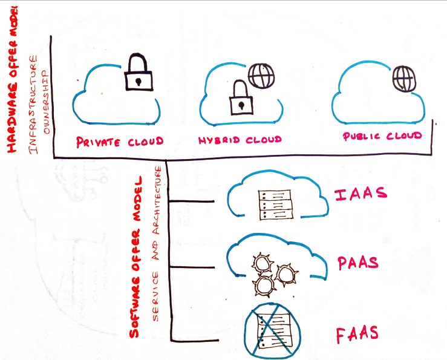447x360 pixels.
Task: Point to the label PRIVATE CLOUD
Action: (x=120, y=142)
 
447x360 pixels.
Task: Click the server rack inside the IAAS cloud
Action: (x=272, y=204)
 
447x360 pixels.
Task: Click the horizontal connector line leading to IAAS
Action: (x=192, y=200)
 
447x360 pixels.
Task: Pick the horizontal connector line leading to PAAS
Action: (x=192, y=267)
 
